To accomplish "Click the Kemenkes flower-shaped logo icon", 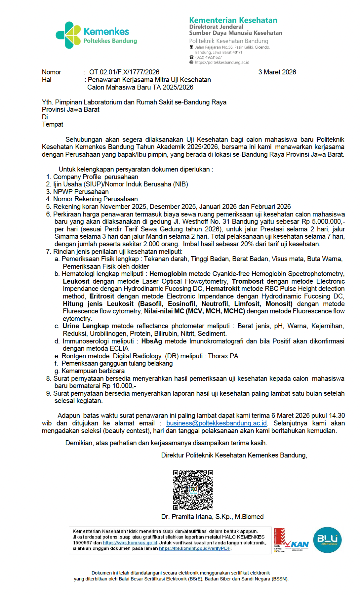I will point(68,35).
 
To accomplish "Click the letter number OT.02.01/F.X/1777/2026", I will point(124,72).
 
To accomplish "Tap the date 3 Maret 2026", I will point(277,72).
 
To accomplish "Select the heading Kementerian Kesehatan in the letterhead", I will point(233,20).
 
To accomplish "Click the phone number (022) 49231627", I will point(208,58).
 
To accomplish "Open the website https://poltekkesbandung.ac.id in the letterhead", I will point(222,62).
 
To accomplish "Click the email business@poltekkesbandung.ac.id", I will point(216,423).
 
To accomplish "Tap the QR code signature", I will point(193,490).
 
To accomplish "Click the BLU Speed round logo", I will point(327,540).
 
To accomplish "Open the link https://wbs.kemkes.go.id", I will point(130,543).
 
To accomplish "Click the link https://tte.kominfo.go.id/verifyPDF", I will point(195,548).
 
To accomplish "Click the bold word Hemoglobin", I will point(168,274).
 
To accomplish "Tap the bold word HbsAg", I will point(151,341).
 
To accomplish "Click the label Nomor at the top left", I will point(52,72).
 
